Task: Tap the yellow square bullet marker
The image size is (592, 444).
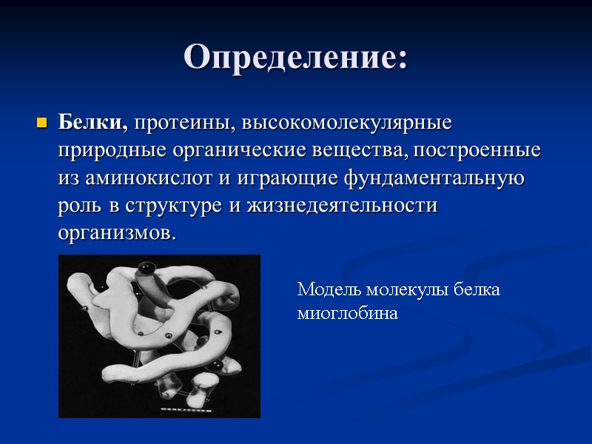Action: (x=41, y=121)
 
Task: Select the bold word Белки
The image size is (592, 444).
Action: (x=93, y=121)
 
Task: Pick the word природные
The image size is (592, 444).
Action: (x=113, y=150)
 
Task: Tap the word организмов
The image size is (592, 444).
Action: (x=117, y=235)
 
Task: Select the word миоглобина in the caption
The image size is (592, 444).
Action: (x=347, y=314)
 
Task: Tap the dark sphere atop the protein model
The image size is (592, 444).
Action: (x=148, y=268)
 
